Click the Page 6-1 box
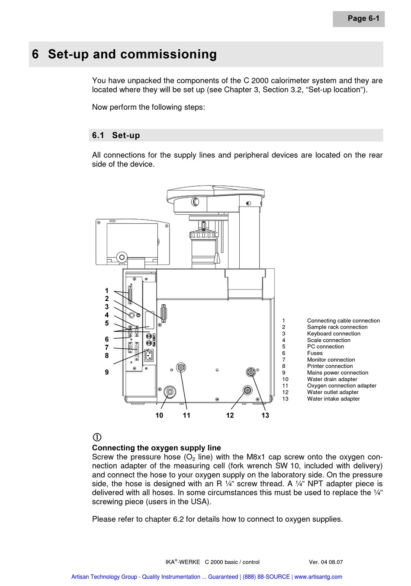[x=359, y=19]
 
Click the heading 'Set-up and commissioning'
[x=132, y=54]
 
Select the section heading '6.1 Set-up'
[x=116, y=135]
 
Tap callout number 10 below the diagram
[x=159, y=415]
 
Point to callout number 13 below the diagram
[x=265, y=415]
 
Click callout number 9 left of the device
[x=107, y=372]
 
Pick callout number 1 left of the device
[x=107, y=291]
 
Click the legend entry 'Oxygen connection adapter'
[x=341, y=386]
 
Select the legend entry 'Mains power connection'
[x=337, y=373]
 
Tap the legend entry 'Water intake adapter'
[x=333, y=399]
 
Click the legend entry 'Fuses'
[x=315, y=353]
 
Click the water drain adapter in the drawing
[x=170, y=392]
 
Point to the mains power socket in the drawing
[x=149, y=355]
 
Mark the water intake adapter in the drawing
[x=250, y=372]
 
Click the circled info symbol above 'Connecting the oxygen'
[x=97, y=437]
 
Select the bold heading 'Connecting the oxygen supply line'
[x=156, y=448]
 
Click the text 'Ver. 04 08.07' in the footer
[x=326, y=562]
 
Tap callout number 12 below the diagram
[x=230, y=415]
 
